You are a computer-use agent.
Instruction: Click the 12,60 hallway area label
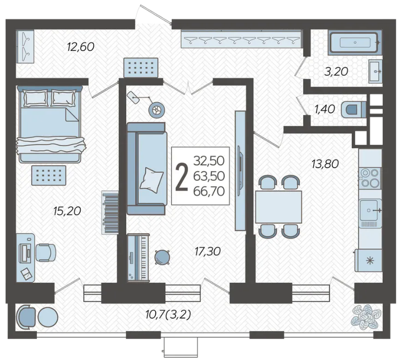[81, 47]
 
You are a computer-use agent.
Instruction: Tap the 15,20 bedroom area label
[67, 211]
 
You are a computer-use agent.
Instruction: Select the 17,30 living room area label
[207, 252]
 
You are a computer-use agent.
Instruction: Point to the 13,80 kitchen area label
[325, 164]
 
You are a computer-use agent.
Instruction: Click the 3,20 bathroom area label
[336, 72]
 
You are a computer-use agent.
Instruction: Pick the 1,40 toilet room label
[325, 109]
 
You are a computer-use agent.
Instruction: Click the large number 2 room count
[182, 177]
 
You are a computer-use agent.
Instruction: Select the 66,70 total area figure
[209, 191]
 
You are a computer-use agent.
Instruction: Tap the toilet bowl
[354, 109]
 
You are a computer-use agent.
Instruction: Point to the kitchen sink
[370, 210]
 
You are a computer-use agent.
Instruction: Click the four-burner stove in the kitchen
[370, 178]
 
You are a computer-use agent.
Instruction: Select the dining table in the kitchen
[279, 207]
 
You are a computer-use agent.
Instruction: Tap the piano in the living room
[138, 258]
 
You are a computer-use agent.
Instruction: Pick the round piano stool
[162, 257]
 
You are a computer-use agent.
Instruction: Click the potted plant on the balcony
[366, 317]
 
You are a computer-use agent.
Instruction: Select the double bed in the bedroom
[50, 124]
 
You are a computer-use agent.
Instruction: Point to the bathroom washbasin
[375, 71]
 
